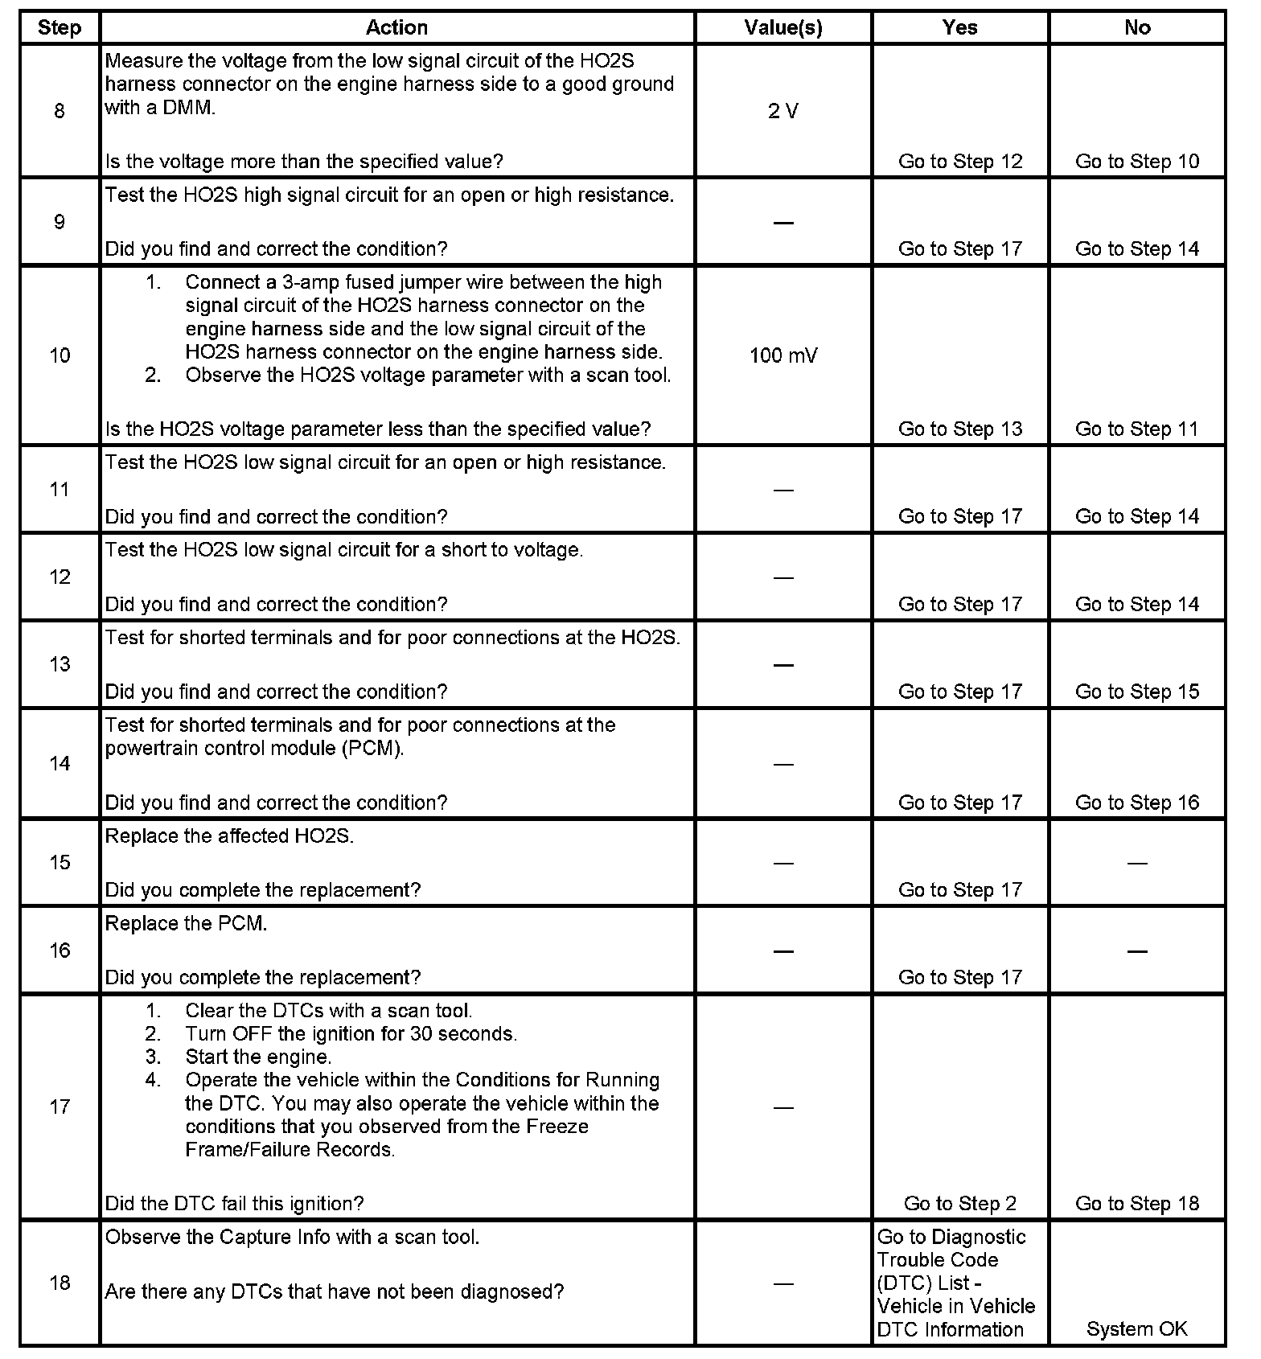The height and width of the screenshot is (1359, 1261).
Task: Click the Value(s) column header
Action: point(782,28)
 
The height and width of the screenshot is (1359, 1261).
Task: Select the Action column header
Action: point(396,28)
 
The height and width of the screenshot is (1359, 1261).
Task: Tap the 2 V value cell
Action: point(782,111)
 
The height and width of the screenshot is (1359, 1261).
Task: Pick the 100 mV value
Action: point(782,355)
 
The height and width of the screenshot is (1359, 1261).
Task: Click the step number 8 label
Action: point(60,111)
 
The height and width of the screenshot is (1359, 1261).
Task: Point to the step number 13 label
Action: point(60,664)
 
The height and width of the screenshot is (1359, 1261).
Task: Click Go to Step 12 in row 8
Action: point(959,162)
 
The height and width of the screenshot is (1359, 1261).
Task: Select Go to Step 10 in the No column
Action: point(1136,162)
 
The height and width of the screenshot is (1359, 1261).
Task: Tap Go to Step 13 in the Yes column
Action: point(959,429)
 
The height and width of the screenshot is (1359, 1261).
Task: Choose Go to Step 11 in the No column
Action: point(1136,429)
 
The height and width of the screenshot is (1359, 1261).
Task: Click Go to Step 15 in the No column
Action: point(1136,692)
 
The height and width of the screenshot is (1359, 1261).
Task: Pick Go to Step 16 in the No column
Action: point(1136,803)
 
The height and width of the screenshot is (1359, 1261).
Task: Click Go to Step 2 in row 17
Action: point(959,1204)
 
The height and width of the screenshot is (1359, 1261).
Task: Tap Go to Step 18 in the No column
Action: point(1136,1204)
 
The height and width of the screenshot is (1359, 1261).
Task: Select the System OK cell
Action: point(1136,1329)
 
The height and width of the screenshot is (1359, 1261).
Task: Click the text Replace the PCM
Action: point(186,924)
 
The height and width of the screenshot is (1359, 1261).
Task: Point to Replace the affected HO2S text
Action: point(229,836)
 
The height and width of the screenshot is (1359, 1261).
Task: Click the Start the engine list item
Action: point(258,1057)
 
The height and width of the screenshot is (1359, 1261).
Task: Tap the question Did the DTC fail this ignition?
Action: point(234,1204)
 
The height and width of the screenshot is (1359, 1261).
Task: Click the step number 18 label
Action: point(60,1283)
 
